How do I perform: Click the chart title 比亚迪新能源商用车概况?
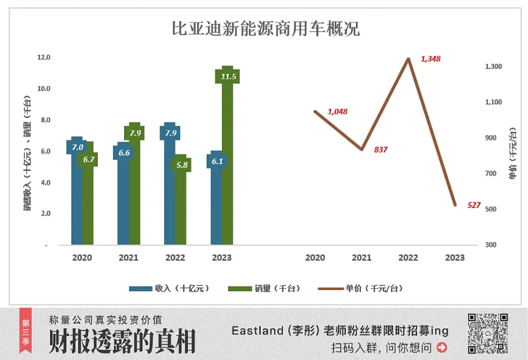click(x=265, y=29)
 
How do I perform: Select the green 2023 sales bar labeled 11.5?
click(x=227, y=161)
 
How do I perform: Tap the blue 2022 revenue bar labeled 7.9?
click(x=170, y=195)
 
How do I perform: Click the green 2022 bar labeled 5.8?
click(x=181, y=205)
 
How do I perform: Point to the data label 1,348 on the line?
click(x=431, y=59)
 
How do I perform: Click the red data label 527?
click(x=474, y=205)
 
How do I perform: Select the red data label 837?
click(x=380, y=149)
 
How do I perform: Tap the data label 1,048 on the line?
click(x=337, y=111)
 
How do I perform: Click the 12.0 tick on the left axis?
click(x=44, y=57)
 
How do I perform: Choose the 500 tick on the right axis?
click(x=490, y=209)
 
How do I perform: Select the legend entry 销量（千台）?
click(x=264, y=289)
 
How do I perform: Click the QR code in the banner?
click(x=488, y=333)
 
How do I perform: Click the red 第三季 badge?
click(x=26, y=333)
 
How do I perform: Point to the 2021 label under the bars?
click(x=129, y=257)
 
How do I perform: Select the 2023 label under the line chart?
click(x=455, y=257)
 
